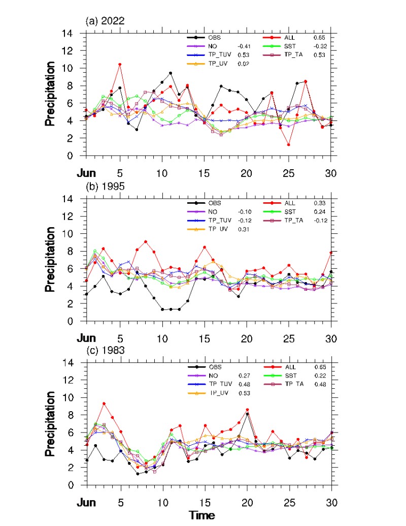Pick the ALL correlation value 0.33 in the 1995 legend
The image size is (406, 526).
319,203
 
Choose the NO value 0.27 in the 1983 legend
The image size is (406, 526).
245,375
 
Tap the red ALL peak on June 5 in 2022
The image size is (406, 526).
120,65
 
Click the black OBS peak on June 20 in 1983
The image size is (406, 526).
247,414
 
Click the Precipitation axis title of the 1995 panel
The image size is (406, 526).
50,260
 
